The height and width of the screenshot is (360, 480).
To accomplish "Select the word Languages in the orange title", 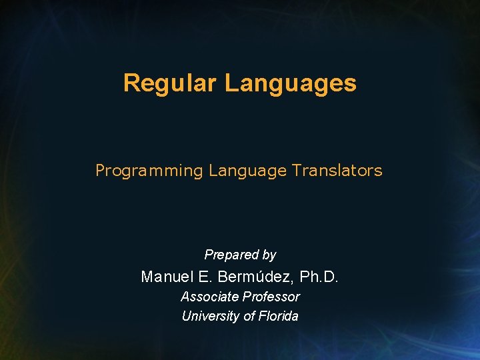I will tap(290, 83).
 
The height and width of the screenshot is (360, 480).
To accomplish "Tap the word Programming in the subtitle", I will tap(149, 171).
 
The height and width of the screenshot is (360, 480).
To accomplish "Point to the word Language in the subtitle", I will tap(247, 171).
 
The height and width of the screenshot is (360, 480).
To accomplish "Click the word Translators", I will tap(337, 171).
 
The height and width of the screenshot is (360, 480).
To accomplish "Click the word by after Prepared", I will tap(269, 255).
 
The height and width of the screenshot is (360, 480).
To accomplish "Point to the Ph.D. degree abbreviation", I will tap(319, 277).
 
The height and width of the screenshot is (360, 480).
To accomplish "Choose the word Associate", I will tap(209, 297).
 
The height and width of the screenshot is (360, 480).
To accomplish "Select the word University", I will tap(211, 316).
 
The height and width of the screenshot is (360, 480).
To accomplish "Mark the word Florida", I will tap(279, 316).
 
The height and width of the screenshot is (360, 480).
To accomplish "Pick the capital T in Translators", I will tap(295, 171).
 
